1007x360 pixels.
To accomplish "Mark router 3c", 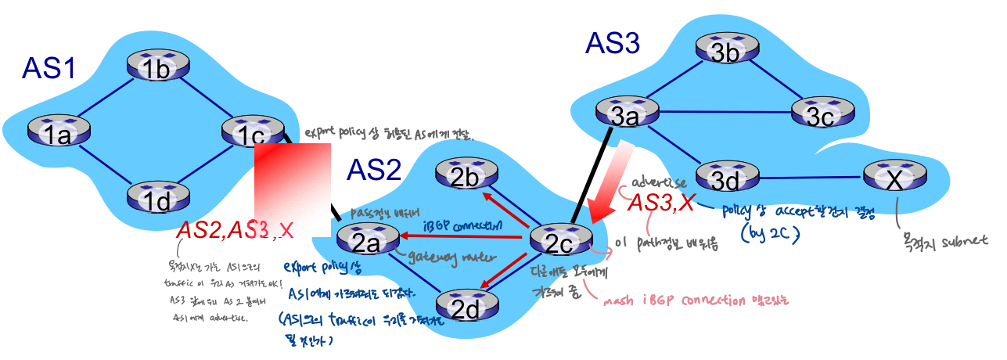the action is tap(821, 114).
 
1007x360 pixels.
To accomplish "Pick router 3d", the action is tap(725, 176).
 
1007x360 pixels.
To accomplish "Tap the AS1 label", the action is tap(49, 69).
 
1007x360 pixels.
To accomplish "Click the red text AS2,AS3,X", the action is tap(235, 229).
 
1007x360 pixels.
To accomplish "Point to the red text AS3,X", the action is tap(662, 203).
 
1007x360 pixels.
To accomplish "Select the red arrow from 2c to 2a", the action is tap(462, 233).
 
